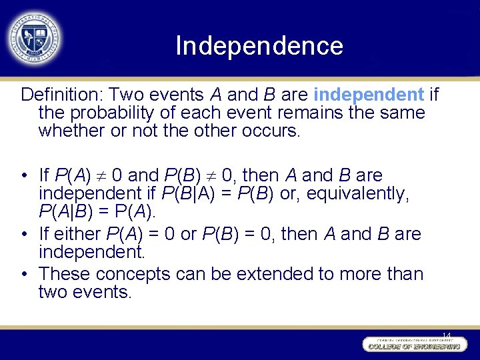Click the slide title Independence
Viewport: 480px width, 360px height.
tap(259, 46)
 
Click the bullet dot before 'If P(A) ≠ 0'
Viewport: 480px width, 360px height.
tap(23, 176)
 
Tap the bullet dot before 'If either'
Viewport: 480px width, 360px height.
tap(23, 235)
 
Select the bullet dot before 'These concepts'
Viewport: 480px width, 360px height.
tap(23, 274)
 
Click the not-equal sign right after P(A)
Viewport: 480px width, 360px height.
tap(102, 176)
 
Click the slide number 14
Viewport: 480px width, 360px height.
tap(446, 335)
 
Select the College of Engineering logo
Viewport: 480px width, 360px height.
tap(413, 345)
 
